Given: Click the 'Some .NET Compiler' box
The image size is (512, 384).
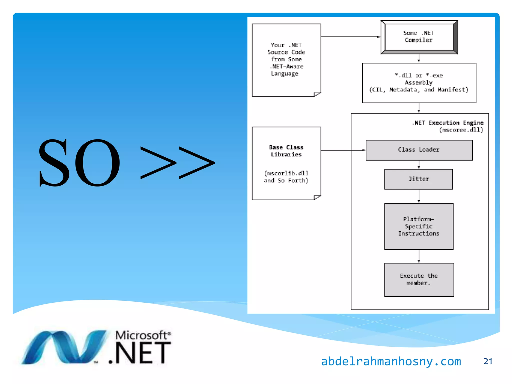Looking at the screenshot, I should tap(419, 37).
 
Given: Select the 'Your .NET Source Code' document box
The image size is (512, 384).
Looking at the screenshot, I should tap(286, 60).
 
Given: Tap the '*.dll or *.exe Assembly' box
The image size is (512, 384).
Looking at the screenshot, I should tap(419, 83).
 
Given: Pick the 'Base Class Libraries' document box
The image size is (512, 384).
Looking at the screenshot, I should tap(286, 163).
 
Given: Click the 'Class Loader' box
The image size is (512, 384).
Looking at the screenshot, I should tap(419, 150).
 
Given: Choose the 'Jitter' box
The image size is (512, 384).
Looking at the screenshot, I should tap(418, 179).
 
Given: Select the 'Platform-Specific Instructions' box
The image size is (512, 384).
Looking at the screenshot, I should tap(419, 226).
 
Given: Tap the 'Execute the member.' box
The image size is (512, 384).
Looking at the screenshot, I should tap(419, 279).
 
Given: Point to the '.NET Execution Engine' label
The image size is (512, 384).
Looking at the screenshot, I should tap(447, 123).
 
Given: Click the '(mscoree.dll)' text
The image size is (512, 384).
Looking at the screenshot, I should tap(461, 130).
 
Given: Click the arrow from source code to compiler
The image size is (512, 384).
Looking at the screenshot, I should tap(350, 37).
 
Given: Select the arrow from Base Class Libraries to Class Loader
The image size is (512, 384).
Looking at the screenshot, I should tap(342, 150).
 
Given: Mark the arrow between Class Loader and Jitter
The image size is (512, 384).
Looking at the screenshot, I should tap(419, 165).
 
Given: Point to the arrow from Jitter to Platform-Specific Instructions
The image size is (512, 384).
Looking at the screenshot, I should tap(419, 196).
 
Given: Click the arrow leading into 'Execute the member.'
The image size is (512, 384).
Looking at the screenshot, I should tap(419, 256).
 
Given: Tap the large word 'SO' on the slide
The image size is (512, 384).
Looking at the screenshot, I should tap(79, 162).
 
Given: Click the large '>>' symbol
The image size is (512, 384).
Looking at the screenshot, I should tap(177, 162).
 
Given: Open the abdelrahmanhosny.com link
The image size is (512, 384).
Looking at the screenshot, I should tap(391, 361).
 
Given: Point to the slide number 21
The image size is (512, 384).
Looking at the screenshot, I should tap(488, 361).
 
